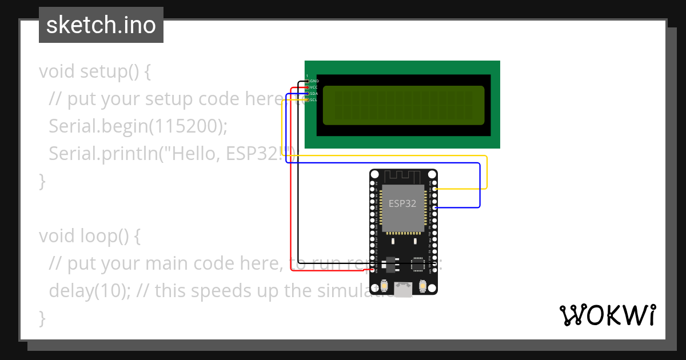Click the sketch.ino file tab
point(101,25)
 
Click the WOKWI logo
point(607,315)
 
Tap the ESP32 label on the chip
point(402,203)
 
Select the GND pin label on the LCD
point(314,81)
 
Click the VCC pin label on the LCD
point(314,87)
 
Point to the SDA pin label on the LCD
point(314,93)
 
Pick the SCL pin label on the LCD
point(314,99)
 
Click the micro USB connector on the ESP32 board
point(404,290)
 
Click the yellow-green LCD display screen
point(404,105)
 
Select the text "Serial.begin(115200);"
point(138,126)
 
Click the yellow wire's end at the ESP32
point(436,189)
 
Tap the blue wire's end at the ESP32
point(436,207)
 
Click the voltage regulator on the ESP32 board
point(391,264)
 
